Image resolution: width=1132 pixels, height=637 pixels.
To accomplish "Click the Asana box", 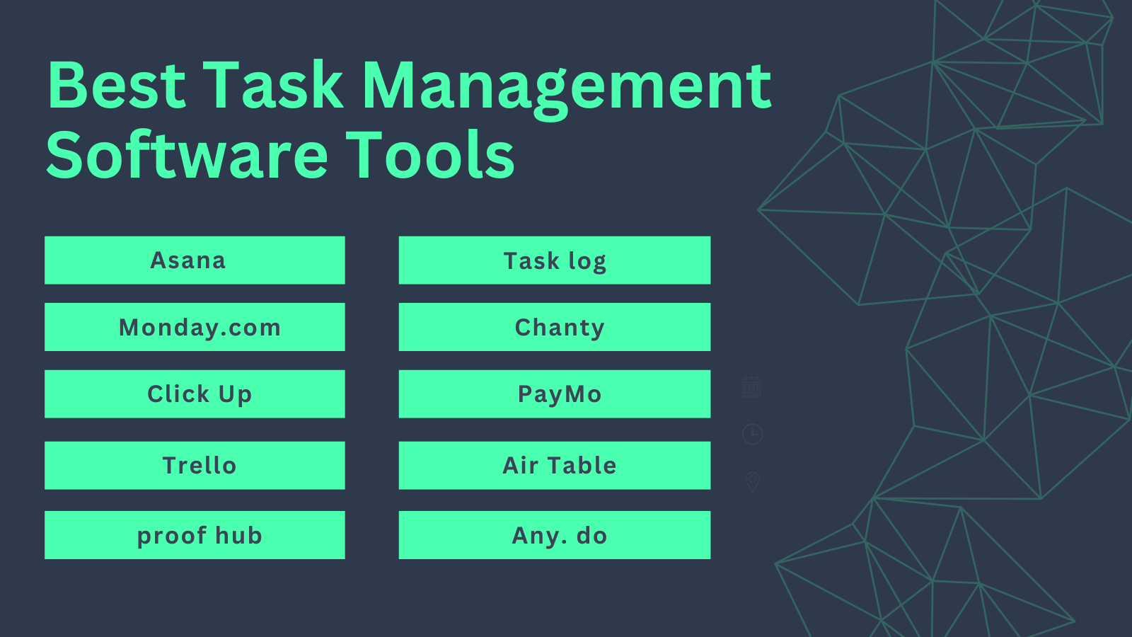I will pos(195,260).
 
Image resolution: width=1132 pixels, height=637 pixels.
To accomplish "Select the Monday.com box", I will pos(195,327).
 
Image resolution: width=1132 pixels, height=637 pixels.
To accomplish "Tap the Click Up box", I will pos(195,394).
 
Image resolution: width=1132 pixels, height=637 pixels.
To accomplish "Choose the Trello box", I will pos(195,466).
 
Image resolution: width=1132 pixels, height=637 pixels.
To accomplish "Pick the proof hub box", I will pos(195,535).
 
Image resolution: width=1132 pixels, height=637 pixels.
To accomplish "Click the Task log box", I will pos(555,260).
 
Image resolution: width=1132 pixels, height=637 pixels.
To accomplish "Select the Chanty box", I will pos(555,327).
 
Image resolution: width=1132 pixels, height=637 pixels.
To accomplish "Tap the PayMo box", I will pos(555,394).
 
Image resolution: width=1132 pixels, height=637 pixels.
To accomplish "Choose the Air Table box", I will pos(555,466).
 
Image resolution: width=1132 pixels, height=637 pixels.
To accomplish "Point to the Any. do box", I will pos(555,535).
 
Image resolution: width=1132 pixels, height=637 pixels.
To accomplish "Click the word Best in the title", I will pos(117,86).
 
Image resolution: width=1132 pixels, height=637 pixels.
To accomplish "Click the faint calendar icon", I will pos(751,387).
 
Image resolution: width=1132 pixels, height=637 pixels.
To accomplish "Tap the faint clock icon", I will pos(752,434).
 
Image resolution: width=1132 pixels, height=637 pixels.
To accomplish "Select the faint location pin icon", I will pos(752,482).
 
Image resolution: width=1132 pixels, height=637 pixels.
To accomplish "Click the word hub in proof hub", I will pos(238,536).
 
